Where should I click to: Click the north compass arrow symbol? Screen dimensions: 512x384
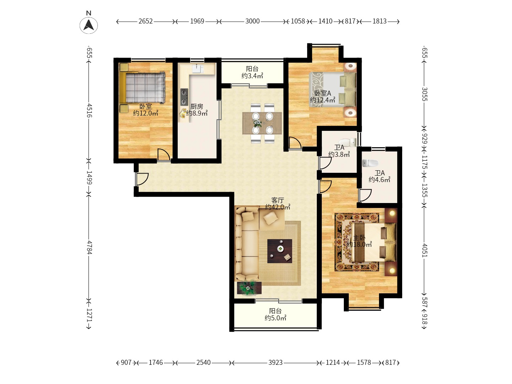point(89,25)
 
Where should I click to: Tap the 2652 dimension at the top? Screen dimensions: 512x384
point(145,21)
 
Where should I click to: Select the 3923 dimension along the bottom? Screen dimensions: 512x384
point(275,363)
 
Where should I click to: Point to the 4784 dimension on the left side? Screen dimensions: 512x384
point(89,247)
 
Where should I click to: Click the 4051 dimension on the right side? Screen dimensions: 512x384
point(425,250)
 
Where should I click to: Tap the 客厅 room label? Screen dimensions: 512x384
point(278,200)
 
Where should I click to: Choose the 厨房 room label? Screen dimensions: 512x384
point(197,107)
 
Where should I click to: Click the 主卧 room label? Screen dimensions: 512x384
point(359,238)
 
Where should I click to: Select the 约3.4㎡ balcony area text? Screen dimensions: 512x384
point(252,75)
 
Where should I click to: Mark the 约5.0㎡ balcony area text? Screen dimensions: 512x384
point(276,318)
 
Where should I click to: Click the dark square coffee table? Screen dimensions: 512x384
point(280,251)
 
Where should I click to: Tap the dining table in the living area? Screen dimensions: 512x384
point(262,123)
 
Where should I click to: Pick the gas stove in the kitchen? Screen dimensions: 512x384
point(184,97)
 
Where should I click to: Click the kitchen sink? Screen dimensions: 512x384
point(198,69)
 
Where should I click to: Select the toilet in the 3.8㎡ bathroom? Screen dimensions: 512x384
point(347,142)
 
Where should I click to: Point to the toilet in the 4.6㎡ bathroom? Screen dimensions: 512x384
point(370,163)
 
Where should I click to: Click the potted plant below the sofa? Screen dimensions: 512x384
point(249,288)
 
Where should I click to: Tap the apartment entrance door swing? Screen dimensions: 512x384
point(142,179)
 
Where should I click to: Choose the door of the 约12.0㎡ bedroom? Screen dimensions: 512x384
point(164,155)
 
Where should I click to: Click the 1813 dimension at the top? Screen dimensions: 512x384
point(379,21)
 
